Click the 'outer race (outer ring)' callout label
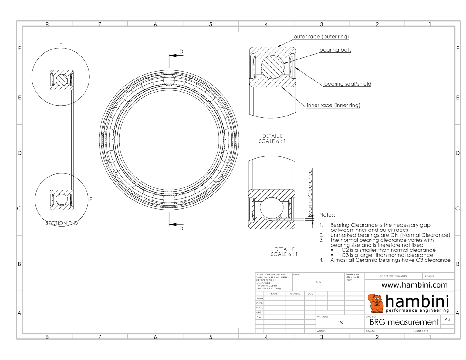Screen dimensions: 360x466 tap(321, 36)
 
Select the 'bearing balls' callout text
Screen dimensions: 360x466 tap(335, 50)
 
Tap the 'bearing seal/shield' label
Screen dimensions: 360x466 tap(347, 84)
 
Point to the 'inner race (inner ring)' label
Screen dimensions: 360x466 tap(333, 105)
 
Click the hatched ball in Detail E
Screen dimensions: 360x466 tap(272, 67)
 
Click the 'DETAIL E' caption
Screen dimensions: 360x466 tap(272, 136)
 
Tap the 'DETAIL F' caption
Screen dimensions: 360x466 tap(284, 249)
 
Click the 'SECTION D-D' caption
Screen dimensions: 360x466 tap(62, 223)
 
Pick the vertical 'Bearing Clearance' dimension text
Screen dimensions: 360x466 tap(310, 193)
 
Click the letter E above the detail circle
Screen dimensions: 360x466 tap(61, 44)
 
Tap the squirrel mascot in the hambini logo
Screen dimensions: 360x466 tap(376, 303)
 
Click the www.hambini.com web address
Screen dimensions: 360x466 tap(414, 285)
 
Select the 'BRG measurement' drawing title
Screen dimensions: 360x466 tap(404, 322)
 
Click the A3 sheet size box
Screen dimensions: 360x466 tap(447, 319)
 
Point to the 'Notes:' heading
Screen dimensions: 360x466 tap(327, 215)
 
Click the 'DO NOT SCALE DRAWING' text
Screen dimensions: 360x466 tap(393, 276)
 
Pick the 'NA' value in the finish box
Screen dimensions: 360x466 tap(318, 282)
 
